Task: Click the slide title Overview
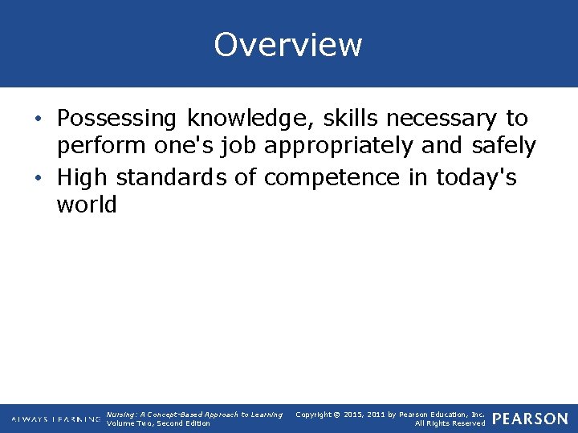click(x=288, y=45)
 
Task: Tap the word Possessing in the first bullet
click(x=116, y=119)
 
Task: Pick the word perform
click(x=97, y=147)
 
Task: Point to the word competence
click(x=331, y=176)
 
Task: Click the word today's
click(x=476, y=176)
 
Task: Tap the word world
click(x=87, y=204)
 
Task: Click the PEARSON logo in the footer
click(x=529, y=419)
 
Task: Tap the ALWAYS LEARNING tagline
click(x=56, y=419)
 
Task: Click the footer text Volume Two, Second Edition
click(x=158, y=423)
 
